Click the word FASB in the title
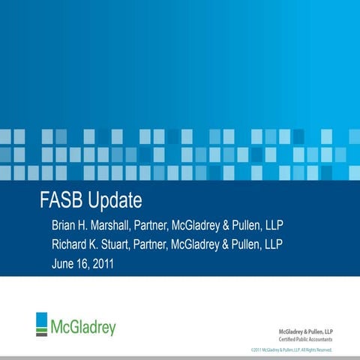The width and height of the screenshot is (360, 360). pyautogui.click(x=61, y=202)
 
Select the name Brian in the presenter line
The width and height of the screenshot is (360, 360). pyautogui.click(x=66, y=225)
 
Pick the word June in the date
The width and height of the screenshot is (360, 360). pyautogui.click(x=65, y=264)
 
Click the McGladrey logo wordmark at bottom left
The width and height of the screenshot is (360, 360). pyautogui.click(x=83, y=328)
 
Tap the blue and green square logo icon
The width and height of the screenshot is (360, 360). pyautogui.click(x=41, y=323)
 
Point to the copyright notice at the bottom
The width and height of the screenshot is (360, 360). pyautogui.click(x=292, y=350)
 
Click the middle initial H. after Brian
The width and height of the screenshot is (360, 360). pyautogui.click(x=93, y=225)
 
